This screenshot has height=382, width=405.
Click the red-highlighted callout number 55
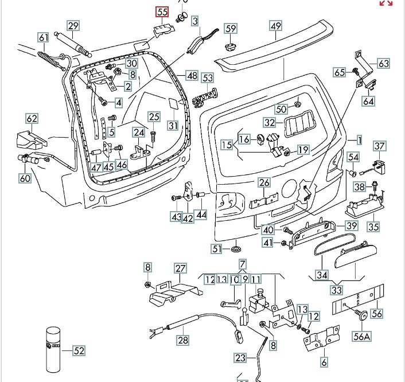click(162, 11)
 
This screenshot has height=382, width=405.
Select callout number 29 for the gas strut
click(73, 25)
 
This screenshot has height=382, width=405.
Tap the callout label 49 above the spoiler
click(276, 25)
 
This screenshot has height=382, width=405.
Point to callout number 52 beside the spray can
click(79, 350)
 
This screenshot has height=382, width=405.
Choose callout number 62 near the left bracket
click(32, 119)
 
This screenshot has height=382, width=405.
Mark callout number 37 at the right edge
click(380, 146)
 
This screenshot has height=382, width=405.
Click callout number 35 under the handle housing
click(373, 227)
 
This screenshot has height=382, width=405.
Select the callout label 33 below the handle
click(336, 290)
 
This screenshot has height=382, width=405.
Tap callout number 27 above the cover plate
click(181, 268)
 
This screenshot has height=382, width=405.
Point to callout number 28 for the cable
click(182, 340)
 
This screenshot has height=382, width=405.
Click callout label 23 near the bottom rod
click(240, 357)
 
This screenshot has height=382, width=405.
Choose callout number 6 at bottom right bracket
click(324, 362)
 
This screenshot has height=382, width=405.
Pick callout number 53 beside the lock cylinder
click(207, 77)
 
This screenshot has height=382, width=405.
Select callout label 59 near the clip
click(231, 28)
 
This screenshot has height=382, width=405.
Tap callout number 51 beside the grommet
click(216, 248)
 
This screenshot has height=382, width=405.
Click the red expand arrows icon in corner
click(387, 3)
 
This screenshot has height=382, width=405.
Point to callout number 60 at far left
click(25, 178)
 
